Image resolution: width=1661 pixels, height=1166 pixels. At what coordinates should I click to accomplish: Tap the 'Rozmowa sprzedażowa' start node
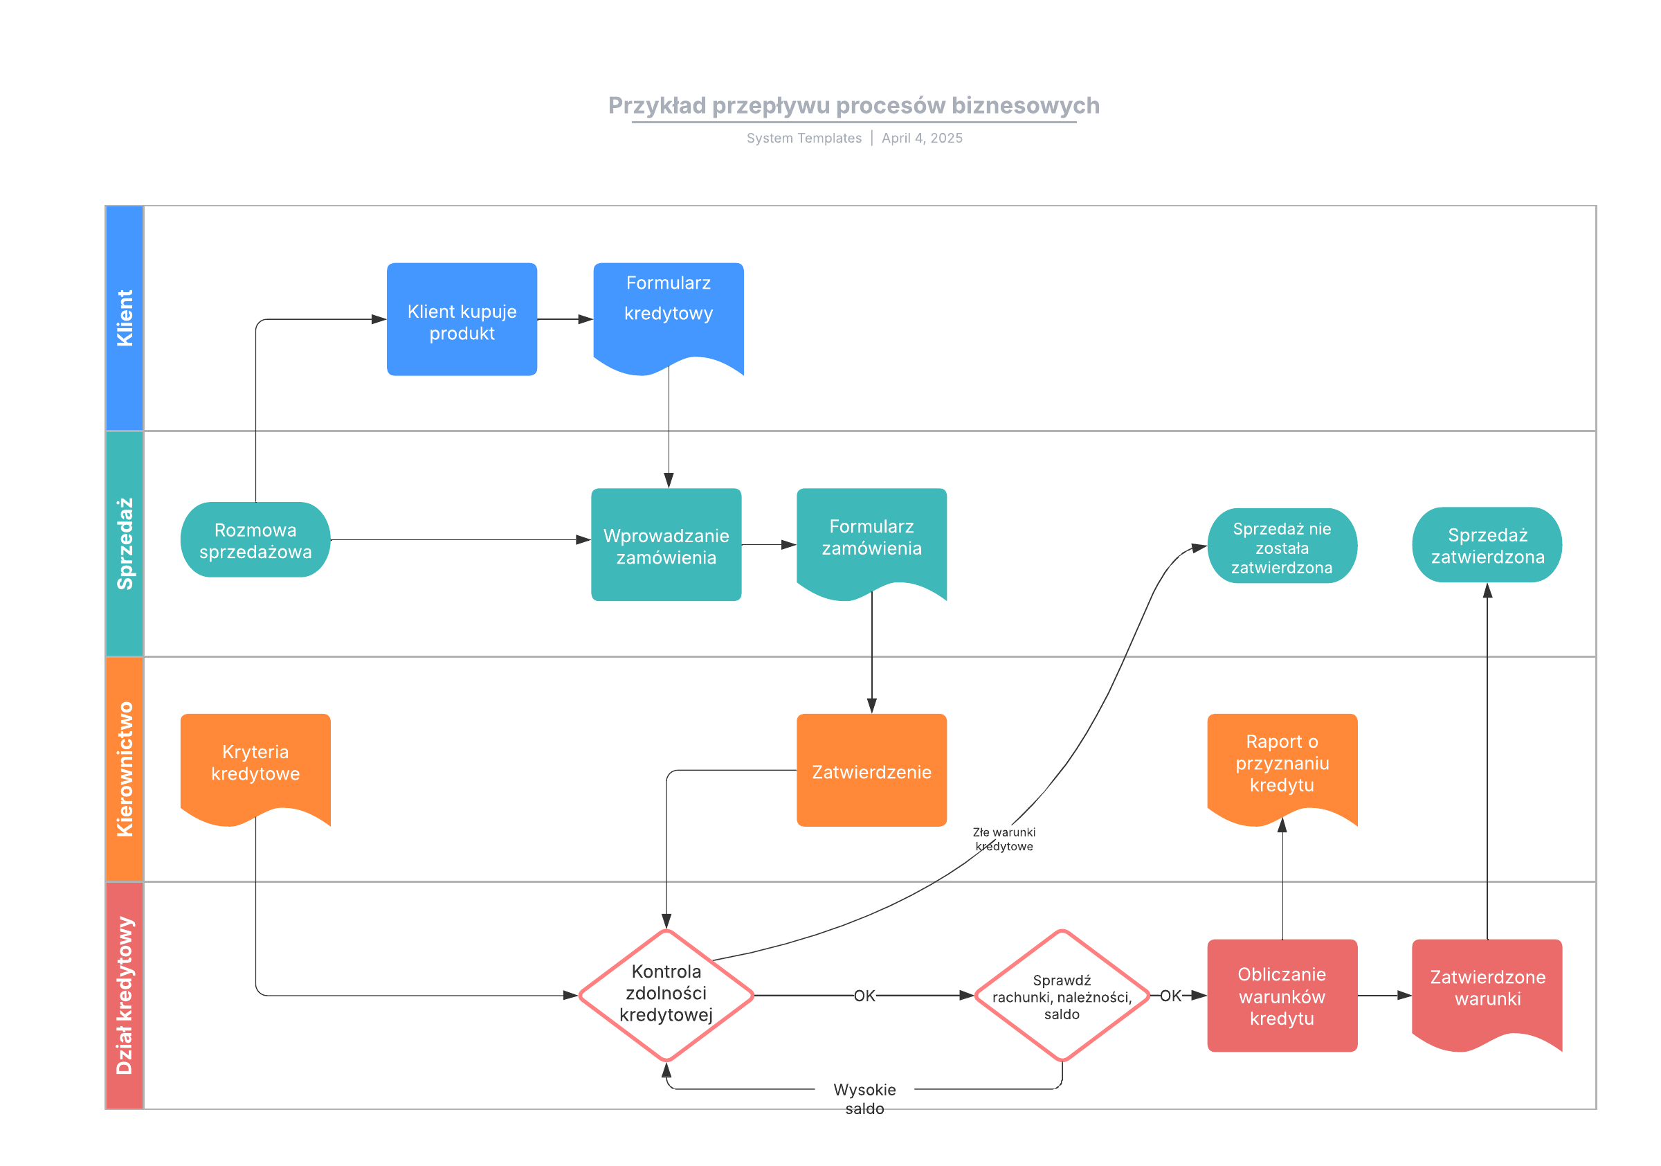[255, 540]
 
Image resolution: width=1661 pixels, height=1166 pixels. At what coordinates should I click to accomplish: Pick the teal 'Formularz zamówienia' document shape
[872, 539]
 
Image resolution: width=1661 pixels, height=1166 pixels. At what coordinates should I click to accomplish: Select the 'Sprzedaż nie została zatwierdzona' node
[1282, 546]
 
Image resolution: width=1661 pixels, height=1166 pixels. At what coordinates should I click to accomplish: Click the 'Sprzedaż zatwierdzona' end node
[1487, 545]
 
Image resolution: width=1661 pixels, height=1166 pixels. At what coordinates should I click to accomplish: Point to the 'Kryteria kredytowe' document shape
[255, 764]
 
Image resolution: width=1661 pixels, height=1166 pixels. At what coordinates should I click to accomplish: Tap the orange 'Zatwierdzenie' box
[872, 771]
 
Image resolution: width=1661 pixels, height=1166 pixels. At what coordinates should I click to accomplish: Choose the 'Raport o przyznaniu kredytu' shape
[1282, 764]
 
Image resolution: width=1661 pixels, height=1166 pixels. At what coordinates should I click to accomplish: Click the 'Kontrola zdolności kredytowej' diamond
[666, 994]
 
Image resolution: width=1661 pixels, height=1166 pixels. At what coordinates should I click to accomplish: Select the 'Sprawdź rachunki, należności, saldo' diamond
[1061, 996]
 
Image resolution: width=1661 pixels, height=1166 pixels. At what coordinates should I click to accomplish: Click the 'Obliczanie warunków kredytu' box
[1282, 996]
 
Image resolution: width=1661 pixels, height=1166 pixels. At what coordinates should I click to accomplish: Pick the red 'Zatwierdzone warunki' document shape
[1487, 989]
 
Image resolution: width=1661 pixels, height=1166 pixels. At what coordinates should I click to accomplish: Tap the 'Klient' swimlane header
[125, 319]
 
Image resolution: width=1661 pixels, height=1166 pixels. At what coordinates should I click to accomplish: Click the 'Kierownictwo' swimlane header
[125, 769]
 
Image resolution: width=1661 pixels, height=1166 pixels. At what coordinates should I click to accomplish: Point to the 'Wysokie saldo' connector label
[864, 1098]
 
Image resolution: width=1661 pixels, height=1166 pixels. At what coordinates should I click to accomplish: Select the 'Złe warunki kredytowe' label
[1004, 839]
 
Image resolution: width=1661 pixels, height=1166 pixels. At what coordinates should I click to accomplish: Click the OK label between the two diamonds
[864, 996]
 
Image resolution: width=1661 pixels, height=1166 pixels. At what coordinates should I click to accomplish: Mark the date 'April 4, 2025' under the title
[922, 138]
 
